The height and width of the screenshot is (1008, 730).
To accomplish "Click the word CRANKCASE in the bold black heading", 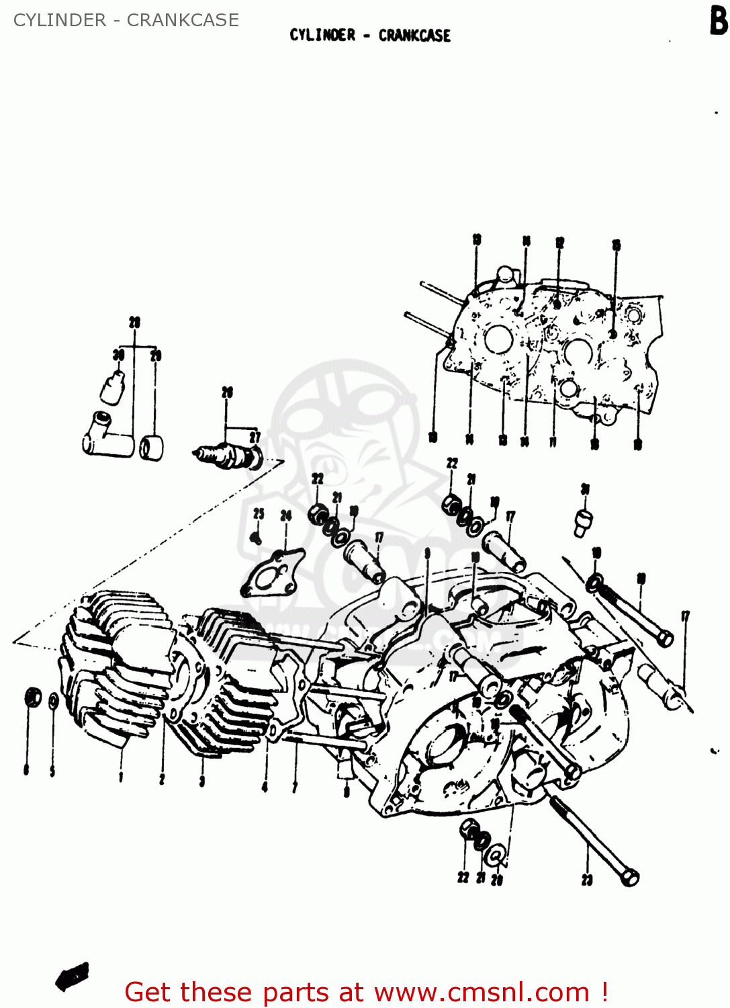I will point(414,36).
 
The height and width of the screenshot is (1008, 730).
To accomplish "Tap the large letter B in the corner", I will point(718,22).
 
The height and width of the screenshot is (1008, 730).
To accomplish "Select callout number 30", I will point(118,355).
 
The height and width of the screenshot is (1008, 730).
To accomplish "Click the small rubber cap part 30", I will point(112,387).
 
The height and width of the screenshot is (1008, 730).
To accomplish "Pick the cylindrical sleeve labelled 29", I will point(152,448).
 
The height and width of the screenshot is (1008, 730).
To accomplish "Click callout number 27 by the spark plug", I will point(255,438).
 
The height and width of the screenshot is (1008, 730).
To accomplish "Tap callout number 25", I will point(259,514).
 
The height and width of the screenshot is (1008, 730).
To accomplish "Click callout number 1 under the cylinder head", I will point(121,778).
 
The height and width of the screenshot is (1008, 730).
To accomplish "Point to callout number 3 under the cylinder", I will point(201,780).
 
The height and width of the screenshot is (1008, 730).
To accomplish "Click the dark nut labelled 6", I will point(32,698).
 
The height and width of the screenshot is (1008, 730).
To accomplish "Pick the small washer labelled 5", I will point(53,702).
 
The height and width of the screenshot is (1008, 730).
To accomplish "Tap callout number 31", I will point(585,489).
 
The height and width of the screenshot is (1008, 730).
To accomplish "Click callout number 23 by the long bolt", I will point(587,879).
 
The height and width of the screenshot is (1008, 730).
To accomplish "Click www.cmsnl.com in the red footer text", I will point(482,992).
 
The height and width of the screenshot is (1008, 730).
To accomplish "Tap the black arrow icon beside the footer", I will point(72,976).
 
